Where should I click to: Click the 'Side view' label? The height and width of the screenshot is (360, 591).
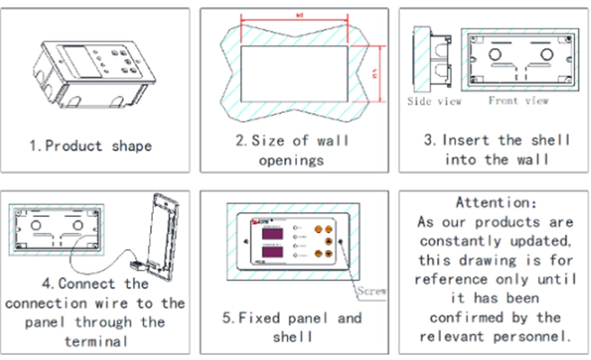coord(434,102)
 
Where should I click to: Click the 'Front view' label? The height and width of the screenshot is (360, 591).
coord(518,101)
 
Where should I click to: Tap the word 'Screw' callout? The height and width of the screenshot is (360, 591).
coord(372,292)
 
